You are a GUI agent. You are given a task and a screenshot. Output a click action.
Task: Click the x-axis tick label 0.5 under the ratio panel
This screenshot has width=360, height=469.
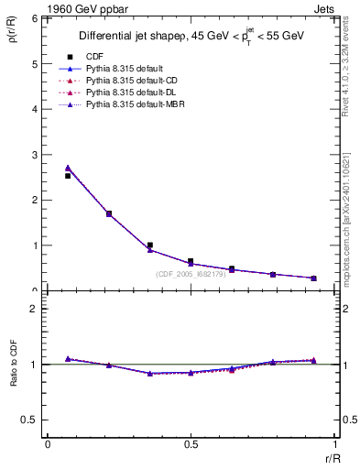coord(190,444)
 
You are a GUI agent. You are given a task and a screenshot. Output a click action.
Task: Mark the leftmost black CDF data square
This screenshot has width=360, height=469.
coord(68,175)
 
